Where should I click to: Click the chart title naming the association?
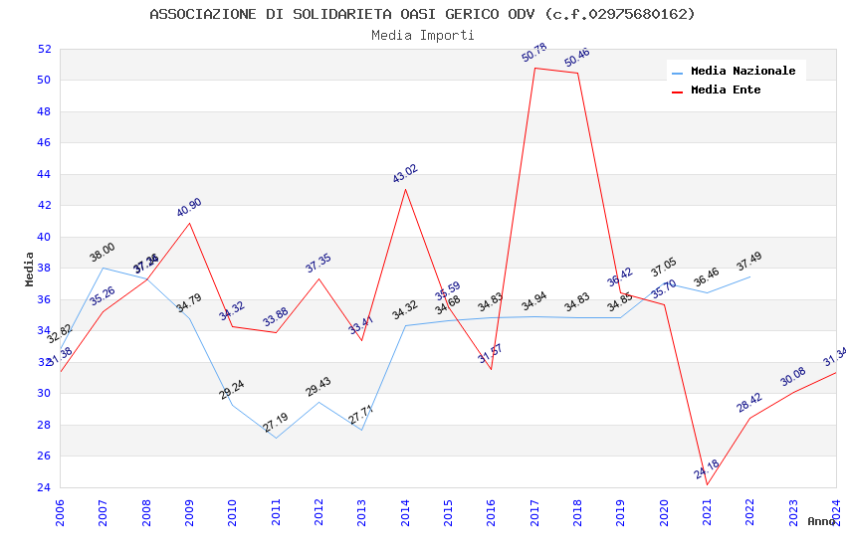pos(422,14)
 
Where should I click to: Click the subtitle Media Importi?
pos(422,35)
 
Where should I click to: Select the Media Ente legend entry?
pos(726,91)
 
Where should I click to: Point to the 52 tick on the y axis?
pos(44,49)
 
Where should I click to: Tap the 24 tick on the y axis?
pos(44,487)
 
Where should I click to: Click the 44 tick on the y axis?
pos(44,174)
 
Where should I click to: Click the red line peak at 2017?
pos(534,68)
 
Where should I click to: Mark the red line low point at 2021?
pos(707,484)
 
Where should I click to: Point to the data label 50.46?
pos(577,58)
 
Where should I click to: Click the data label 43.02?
pos(405,174)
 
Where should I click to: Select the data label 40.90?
pos(189,207)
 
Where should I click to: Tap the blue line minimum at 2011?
pos(276,438)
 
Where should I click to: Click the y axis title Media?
pos(29,269)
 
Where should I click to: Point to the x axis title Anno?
pos(821,521)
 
